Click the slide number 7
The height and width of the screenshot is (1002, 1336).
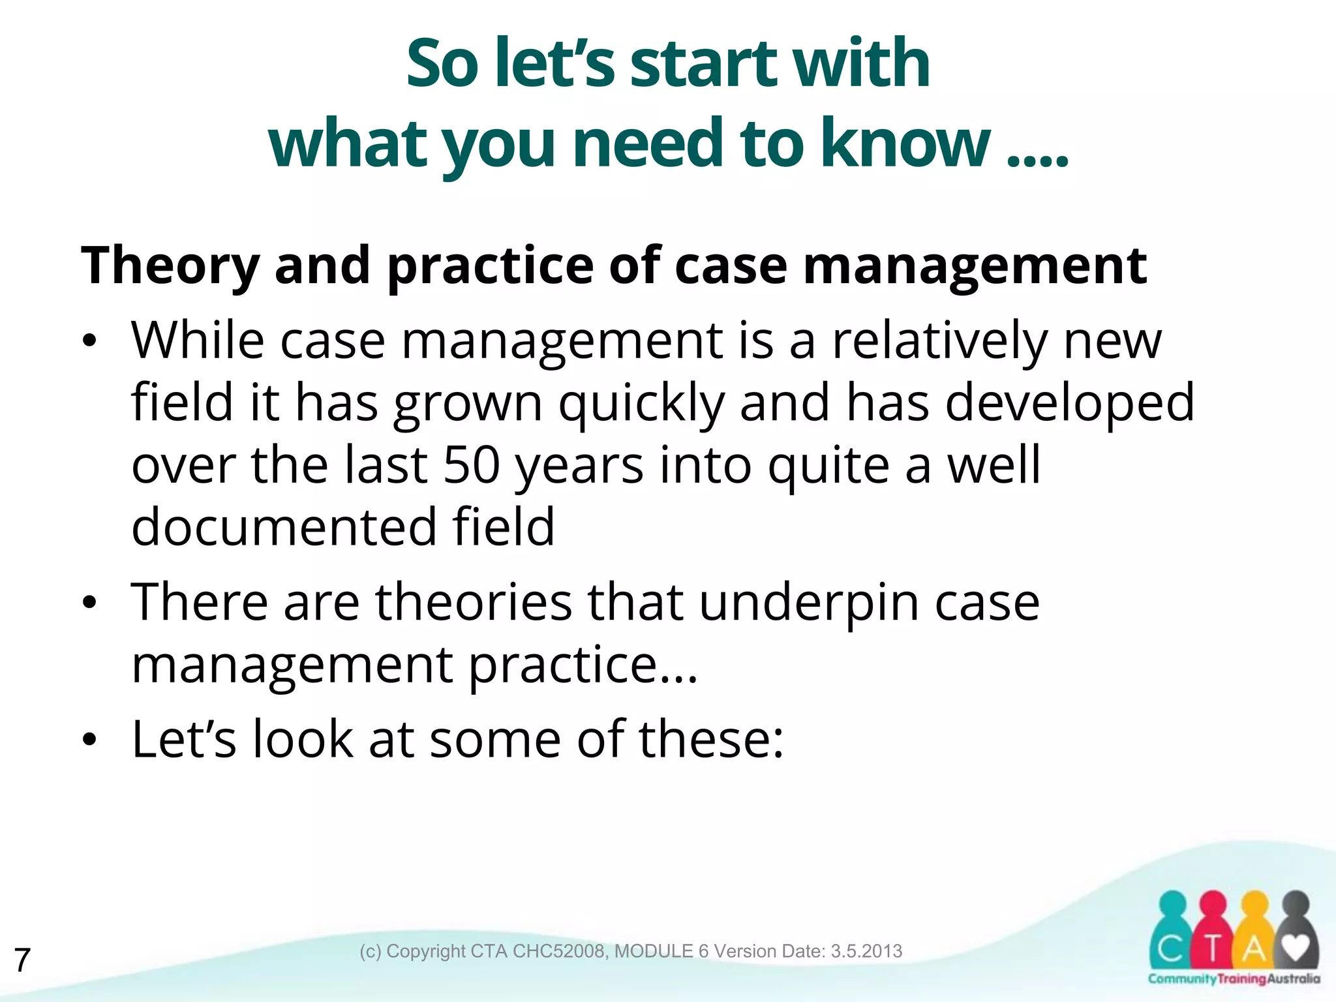coord(22,960)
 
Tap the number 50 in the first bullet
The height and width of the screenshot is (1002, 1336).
coord(471,464)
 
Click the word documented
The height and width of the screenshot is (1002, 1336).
coord(283,527)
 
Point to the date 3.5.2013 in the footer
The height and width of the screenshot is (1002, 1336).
coord(866,951)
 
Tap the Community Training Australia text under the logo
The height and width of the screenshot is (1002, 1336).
coord(1234,979)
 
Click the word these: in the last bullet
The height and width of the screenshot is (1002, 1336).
coord(710,740)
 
